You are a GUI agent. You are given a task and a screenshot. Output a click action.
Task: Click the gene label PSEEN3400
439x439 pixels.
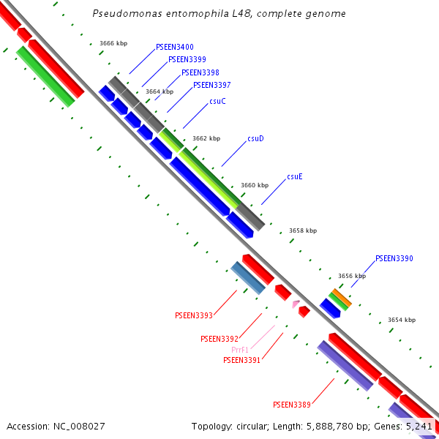[x=175, y=47]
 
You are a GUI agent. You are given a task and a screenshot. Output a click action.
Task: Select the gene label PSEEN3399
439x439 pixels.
[x=187, y=59]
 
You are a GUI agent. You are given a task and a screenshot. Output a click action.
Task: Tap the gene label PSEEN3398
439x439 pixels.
[x=200, y=72]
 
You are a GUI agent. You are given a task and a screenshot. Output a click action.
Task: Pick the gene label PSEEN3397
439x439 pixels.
[x=211, y=85]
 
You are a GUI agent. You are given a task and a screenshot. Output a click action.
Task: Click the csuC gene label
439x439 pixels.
[x=217, y=101]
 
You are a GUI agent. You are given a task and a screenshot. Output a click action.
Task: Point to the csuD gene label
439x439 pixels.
[x=255, y=138]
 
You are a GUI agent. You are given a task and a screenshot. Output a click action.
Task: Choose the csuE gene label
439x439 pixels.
[x=295, y=176]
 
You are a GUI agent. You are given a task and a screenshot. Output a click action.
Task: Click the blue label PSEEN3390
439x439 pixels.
[x=394, y=258]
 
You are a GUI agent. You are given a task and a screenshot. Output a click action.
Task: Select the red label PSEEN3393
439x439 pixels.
[x=194, y=315]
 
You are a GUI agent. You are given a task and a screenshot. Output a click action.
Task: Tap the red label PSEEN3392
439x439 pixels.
[x=219, y=339]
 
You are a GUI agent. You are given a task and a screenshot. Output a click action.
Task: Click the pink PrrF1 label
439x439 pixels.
[x=240, y=350]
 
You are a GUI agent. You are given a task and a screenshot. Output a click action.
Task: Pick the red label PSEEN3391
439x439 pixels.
[x=242, y=360]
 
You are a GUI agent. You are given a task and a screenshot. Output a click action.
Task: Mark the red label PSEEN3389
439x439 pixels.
[x=292, y=405]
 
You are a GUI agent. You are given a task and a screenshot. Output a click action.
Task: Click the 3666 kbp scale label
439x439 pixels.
[x=113, y=44]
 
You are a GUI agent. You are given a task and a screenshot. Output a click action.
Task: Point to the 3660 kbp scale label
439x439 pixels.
[x=255, y=185]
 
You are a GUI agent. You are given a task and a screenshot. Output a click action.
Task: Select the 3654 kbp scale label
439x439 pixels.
[x=402, y=320]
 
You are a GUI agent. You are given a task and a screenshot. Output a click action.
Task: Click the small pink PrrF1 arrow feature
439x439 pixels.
[x=296, y=304]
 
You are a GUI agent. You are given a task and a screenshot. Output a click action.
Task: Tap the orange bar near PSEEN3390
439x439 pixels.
[x=342, y=298]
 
